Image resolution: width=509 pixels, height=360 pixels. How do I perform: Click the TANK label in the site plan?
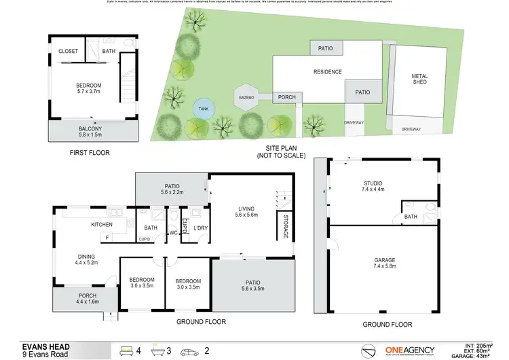(202, 109)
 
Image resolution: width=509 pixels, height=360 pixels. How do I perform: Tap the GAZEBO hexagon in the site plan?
(246, 98)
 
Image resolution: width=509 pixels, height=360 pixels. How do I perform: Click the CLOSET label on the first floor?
(68, 51)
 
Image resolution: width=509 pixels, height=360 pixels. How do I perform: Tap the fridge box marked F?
(107, 237)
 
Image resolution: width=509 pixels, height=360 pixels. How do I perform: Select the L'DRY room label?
(200, 228)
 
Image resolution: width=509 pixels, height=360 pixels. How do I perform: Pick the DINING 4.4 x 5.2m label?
(86, 259)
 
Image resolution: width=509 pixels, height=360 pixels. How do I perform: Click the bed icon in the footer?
(126, 351)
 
